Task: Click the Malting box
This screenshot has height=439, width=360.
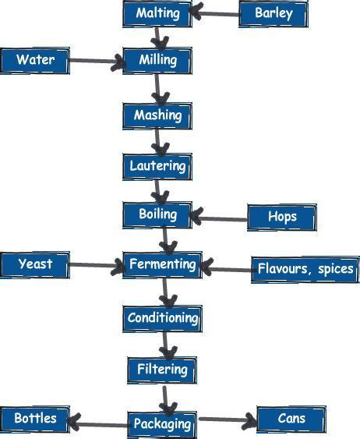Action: pyautogui.click(x=157, y=13)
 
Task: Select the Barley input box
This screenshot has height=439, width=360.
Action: pyautogui.click(x=274, y=13)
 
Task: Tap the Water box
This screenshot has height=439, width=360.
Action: pyautogui.click(x=35, y=60)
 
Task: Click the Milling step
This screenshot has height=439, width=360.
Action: pyautogui.click(x=157, y=60)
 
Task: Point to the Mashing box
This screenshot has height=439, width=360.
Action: pyautogui.click(x=157, y=115)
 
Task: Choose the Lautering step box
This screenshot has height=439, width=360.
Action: pyautogui.click(x=157, y=166)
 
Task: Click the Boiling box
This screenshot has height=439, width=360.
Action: pyautogui.click(x=157, y=214)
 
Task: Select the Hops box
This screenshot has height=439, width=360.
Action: pyautogui.click(x=281, y=217)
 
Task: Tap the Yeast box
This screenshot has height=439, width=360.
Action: pyautogui.click(x=35, y=264)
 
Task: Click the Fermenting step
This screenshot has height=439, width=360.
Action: pyautogui.click(x=162, y=264)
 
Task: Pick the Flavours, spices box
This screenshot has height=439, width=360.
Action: pyautogui.click(x=305, y=270)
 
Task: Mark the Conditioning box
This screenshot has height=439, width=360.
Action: pyautogui.click(x=162, y=318)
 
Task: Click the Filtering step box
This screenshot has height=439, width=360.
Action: pyautogui.click(x=162, y=369)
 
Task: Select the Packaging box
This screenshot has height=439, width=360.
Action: pyautogui.click(x=162, y=424)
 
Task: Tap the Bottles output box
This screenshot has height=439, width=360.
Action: pyautogui.click(x=34, y=419)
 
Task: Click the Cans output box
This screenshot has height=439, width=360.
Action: pyautogui.click(x=291, y=419)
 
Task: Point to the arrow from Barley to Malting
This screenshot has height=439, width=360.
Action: pyautogui.click(x=216, y=13)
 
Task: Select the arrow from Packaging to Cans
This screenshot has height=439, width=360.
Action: pyautogui.click(x=227, y=422)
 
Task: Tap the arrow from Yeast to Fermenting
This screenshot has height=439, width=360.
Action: pyautogui.click(x=97, y=266)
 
